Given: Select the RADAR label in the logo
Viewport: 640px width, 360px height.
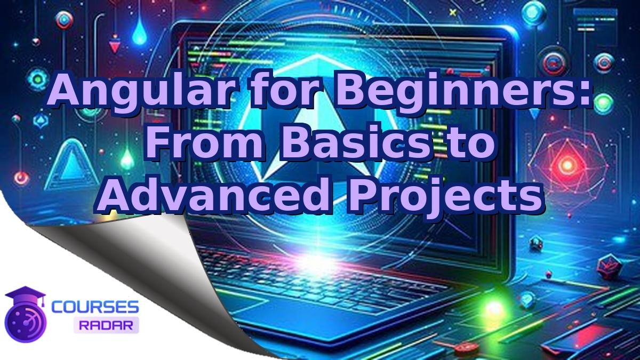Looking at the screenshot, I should (x=106, y=325).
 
